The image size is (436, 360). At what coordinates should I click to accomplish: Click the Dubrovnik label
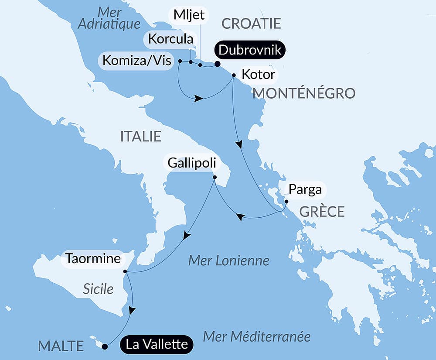[x=250, y=50]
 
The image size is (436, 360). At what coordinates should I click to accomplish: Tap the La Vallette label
[x=157, y=344]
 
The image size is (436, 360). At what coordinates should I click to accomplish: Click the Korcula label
[x=170, y=39]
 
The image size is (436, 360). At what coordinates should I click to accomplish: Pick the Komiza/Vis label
[x=137, y=60]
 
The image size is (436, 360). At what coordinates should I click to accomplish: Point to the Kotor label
[x=258, y=75]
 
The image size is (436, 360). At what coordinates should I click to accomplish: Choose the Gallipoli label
[x=191, y=164]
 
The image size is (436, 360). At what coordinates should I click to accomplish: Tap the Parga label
[x=305, y=189]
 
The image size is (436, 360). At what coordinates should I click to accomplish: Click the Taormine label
[x=93, y=259]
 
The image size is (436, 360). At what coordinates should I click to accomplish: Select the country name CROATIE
[x=251, y=24]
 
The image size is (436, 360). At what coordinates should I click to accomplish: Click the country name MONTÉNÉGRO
[x=304, y=93]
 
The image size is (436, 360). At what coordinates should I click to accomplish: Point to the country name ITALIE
[x=140, y=137]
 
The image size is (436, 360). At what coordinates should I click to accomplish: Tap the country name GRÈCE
[x=322, y=212]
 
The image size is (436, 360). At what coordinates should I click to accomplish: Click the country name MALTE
[x=61, y=346]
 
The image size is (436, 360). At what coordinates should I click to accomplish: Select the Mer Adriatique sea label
[x=109, y=18]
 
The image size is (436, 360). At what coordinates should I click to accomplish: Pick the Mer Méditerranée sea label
[x=257, y=336]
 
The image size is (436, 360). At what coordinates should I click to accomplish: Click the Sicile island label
[x=98, y=288]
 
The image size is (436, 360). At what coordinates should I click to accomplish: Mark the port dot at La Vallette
[x=105, y=347]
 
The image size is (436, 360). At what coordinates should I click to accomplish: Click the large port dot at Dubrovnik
[x=217, y=64]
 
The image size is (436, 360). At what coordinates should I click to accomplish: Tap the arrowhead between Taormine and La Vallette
[x=132, y=310]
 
